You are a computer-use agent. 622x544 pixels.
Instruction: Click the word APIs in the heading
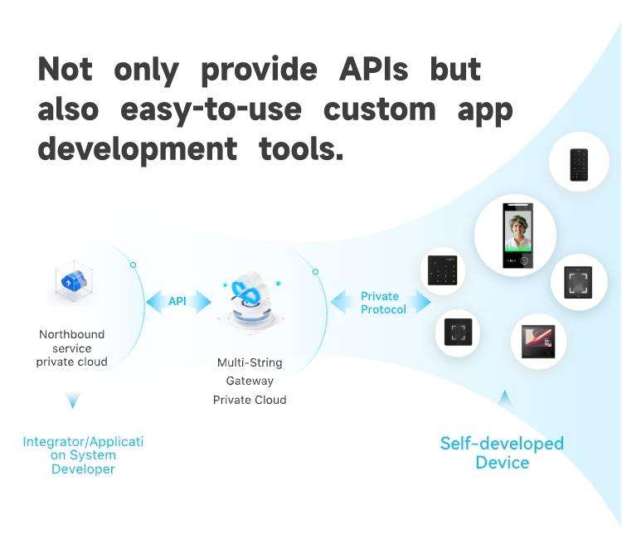point(373,69)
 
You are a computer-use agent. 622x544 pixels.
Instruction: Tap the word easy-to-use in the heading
point(211,109)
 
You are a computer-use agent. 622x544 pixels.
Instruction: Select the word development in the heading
point(137,149)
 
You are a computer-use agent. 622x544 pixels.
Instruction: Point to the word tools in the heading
point(301,148)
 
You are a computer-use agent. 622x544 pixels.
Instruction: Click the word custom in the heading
point(380,109)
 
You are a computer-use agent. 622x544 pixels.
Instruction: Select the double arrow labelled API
point(178,302)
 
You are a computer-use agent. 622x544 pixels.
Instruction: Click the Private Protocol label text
point(383,303)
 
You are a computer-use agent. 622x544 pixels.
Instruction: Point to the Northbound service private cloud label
point(72,348)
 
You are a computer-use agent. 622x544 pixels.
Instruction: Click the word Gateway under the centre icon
point(250,381)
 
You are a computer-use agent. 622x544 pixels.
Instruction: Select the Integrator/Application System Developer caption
point(83,455)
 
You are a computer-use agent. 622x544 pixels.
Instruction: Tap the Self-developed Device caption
point(502,453)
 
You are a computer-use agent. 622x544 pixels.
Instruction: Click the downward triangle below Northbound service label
point(73,400)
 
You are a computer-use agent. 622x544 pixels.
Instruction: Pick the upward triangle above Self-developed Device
point(504,397)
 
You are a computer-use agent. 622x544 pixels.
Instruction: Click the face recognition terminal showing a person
point(518,236)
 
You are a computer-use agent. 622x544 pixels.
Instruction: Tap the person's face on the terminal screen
point(517,226)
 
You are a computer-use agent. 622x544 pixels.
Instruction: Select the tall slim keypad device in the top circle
point(579,165)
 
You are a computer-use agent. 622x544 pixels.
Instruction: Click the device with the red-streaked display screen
point(538,341)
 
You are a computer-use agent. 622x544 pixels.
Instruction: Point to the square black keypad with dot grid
point(442,270)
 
